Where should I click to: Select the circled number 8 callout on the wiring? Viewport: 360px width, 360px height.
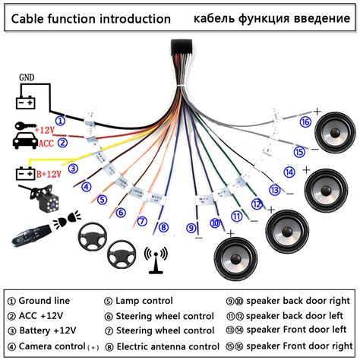pyautogui.click(x=162, y=226)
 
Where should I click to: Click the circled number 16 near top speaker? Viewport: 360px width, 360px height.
pyautogui.click(x=305, y=122)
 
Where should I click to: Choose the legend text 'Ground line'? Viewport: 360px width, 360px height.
pyautogui.click(x=45, y=301)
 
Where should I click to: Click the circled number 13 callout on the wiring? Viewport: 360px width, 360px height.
pyautogui.click(x=274, y=190)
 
